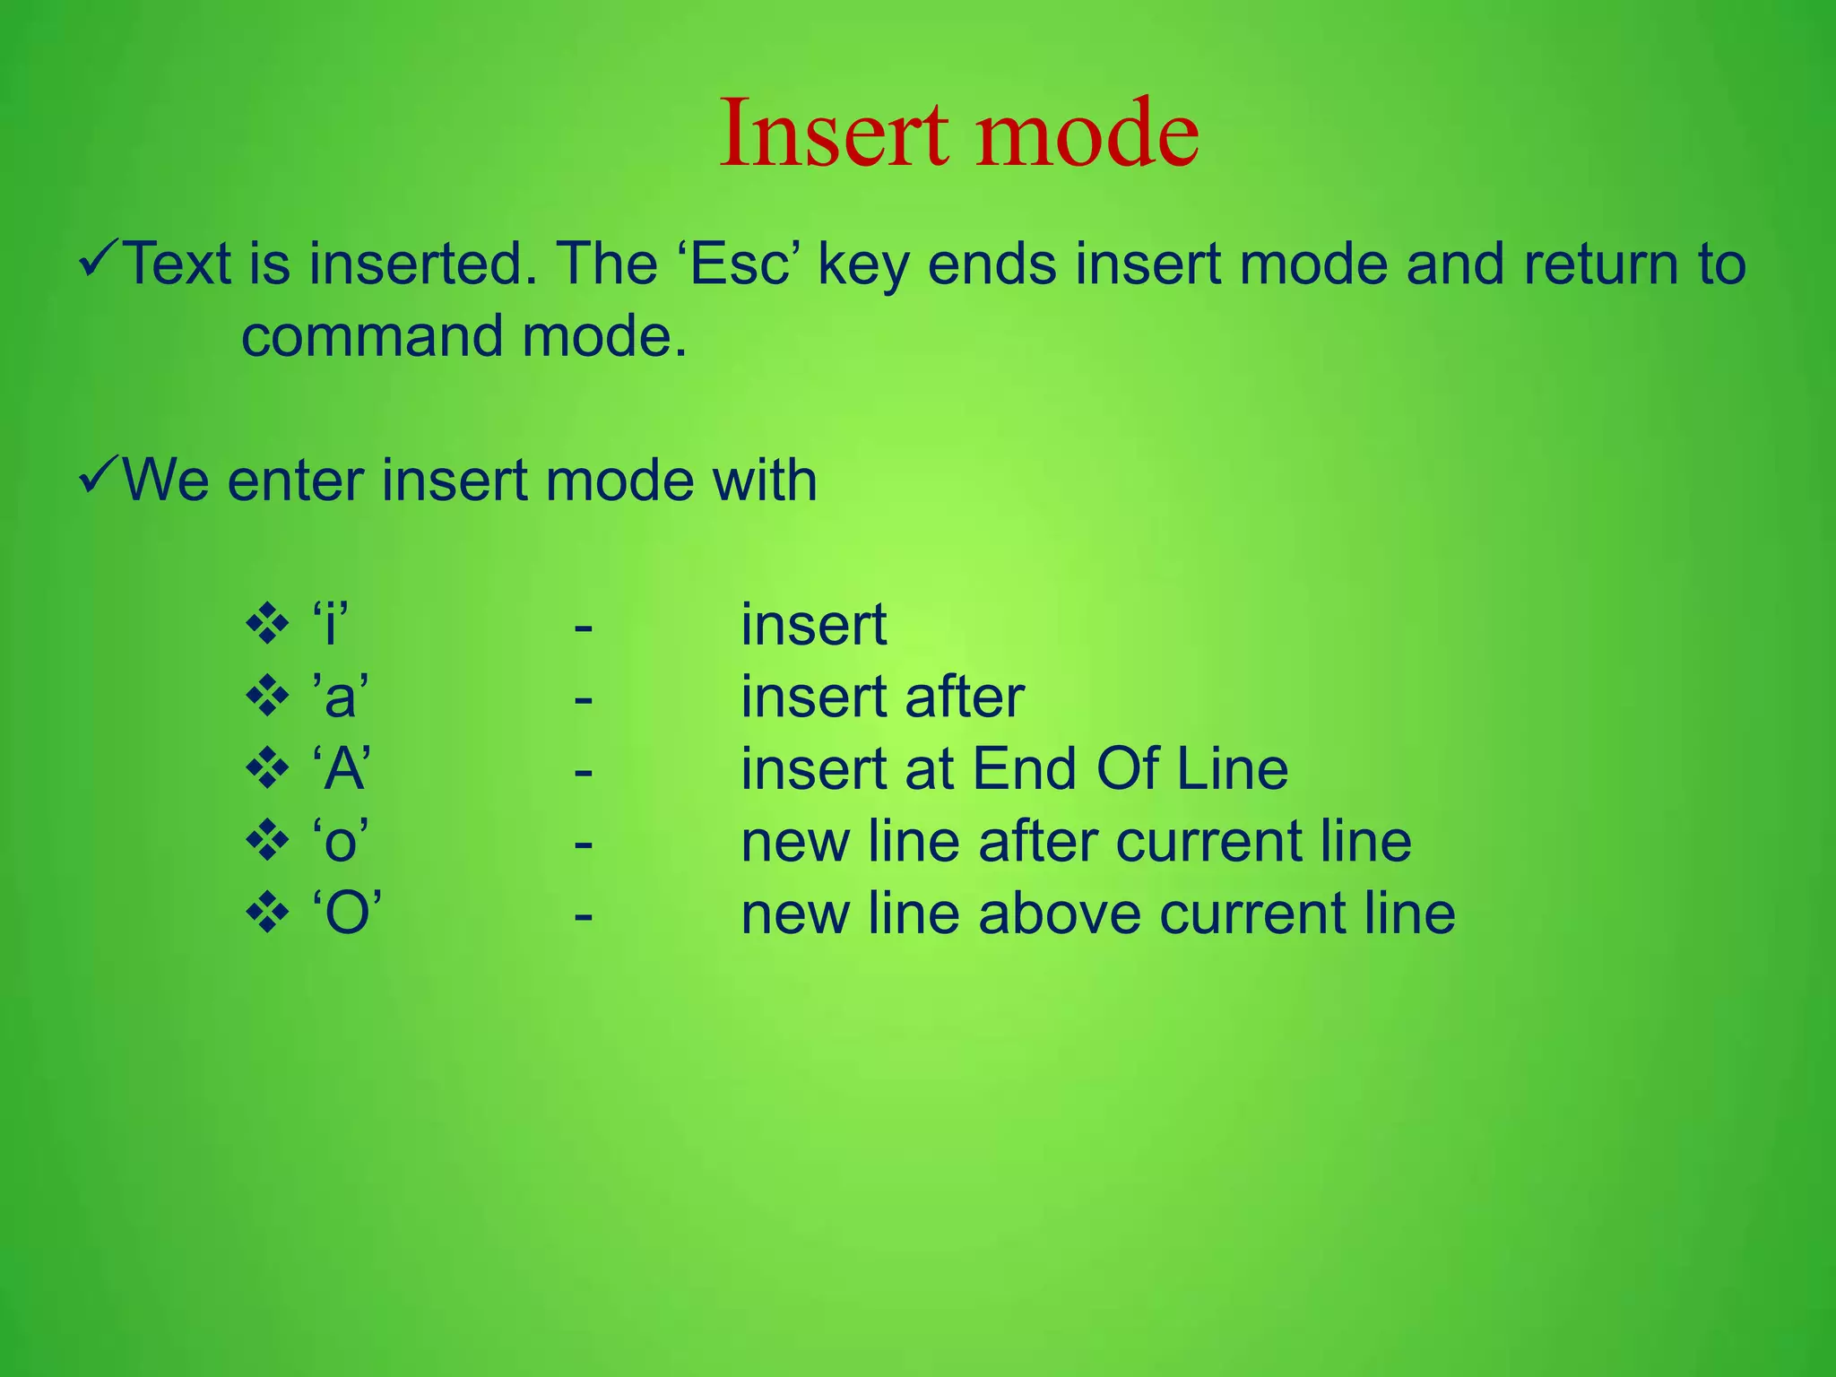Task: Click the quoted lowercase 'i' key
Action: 330,624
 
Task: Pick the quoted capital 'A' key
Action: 342,769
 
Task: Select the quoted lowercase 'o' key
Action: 341,842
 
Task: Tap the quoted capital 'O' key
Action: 347,914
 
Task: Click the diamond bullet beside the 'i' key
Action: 267,625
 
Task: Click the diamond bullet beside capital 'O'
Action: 267,914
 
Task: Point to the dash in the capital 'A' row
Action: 584,770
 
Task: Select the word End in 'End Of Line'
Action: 1025,769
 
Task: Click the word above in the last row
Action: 1059,914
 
